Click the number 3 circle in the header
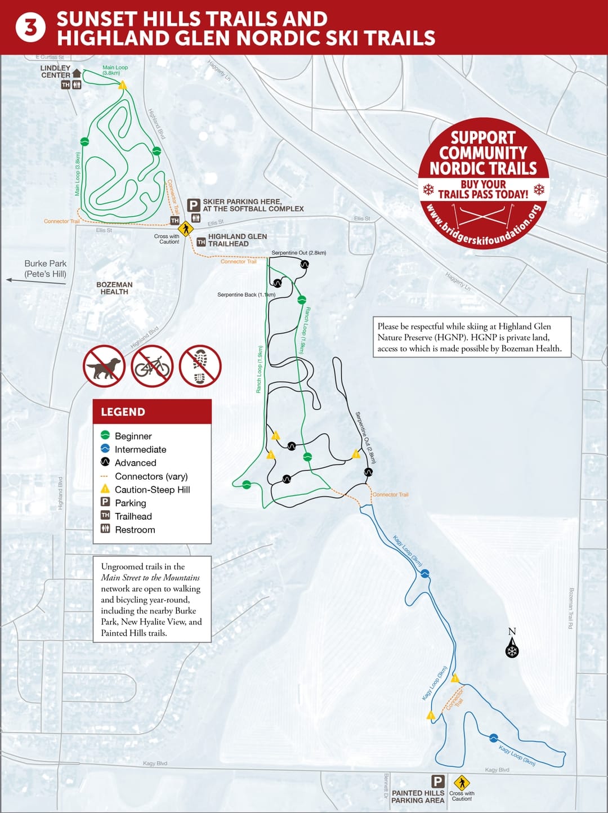coord(30,28)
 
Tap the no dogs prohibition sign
coord(104,366)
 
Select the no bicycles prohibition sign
coord(152,366)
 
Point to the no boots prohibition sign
coord(200,366)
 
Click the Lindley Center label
coord(55,72)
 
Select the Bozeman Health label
coord(114,288)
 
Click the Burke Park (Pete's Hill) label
coord(45,269)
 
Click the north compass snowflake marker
coord(512,651)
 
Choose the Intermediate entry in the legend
coord(140,449)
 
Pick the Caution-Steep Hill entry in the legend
coord(152,490)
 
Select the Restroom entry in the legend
coord(135,530)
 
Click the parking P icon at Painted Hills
coord(437,781)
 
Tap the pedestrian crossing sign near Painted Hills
coord(462,783)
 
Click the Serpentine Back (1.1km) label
coord(246,294)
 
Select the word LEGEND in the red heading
coord(123,412)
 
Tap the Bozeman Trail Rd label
coord(571,608)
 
